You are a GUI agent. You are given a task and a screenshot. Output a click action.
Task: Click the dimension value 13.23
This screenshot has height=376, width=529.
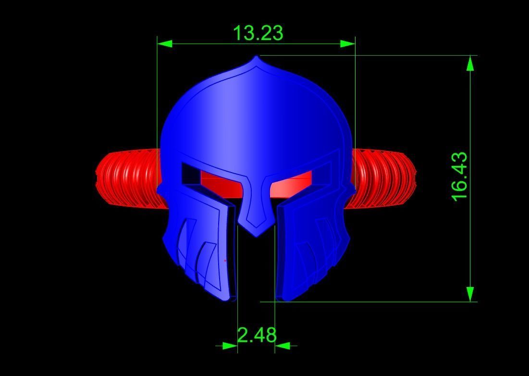point(258,33)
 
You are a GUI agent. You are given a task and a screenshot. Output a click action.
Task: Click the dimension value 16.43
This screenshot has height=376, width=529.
point(459,176)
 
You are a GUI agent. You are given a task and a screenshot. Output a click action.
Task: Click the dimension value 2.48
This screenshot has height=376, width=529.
point(257,335)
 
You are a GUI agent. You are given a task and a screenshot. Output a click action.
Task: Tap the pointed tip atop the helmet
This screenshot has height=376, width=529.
point(257,58)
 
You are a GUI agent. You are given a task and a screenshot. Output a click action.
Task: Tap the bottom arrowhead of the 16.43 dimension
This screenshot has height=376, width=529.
point(470,294)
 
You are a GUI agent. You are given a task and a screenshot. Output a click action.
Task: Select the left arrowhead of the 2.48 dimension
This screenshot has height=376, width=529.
point(230,345)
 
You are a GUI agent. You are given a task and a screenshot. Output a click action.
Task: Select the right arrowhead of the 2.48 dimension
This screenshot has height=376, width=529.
point(282,345)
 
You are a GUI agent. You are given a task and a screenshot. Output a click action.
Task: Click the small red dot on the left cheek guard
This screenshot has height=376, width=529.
point(225,261)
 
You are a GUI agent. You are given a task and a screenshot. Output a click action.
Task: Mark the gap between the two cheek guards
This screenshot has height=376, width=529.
point(256,269)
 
